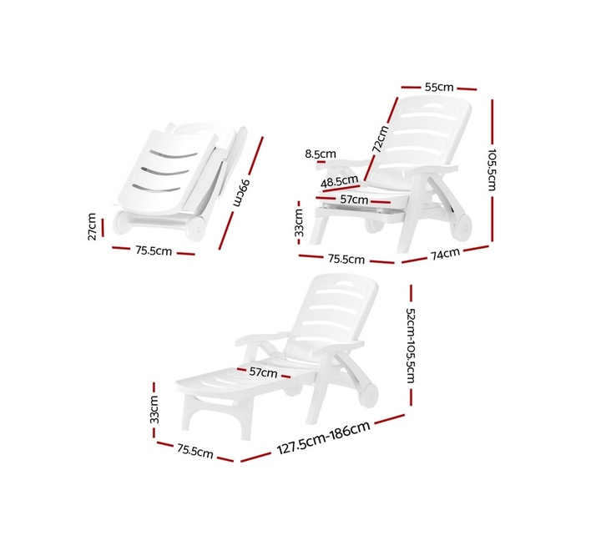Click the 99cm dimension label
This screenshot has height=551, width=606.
(x=242, y=193)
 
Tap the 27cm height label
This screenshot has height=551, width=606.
(x=92, y=226)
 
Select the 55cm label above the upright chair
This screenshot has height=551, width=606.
(x=439, y=87)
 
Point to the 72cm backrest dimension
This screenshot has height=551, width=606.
(x=380, y=139)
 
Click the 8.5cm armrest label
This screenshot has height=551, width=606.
(x=321, y=154)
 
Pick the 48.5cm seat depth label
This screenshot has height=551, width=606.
(x=340, y=181)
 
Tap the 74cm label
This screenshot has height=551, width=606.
(x=445, y=254)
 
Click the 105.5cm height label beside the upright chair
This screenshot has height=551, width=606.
(x=492, y=169)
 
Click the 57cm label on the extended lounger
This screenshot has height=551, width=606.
(x=263, y=372)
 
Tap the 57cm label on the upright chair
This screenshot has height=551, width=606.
(x=354, y=200)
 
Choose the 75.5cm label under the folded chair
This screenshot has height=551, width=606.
(x=154, y=250)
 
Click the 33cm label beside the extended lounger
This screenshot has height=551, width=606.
(x=154, y=409)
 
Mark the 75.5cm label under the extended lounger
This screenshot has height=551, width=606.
(x=195, y=451)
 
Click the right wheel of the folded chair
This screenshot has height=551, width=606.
(x=195, y=228)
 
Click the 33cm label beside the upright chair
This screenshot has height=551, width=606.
(x=299, y=222)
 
